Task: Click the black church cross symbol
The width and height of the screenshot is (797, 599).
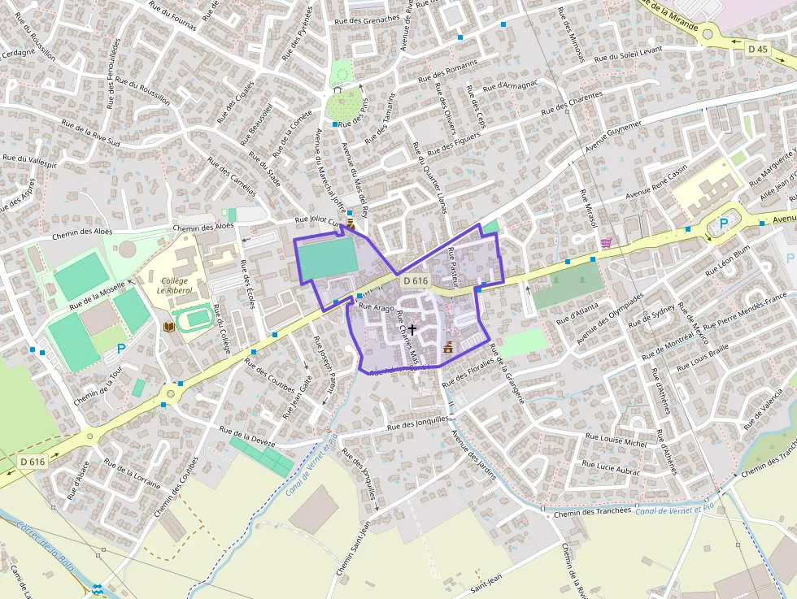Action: pyautogui.click(x=412, y=329)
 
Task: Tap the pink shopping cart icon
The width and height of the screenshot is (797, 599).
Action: pyautogui.click(x=606, y=242)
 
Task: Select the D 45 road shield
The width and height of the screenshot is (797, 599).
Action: pyautogui.click(x=757, y=50)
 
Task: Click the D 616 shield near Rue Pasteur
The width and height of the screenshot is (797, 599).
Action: pyautogui.click(x=415, y=281)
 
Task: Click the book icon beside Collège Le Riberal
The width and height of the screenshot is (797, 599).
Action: pyautogui.click(x=169, y=327)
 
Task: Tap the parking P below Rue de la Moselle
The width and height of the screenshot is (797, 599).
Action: pyautogui.click(x=121, y=349)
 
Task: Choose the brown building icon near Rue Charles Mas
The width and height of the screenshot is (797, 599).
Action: pyautogui.click(x=448, y=347)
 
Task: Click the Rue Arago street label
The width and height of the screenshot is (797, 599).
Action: pyautogui.click(x=377, y=307)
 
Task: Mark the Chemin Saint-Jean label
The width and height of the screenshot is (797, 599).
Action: pyautogui.click(x=355, y=553)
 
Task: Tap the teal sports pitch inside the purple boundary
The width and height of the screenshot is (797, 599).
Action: pyautogui.click(x=328, y=258)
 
